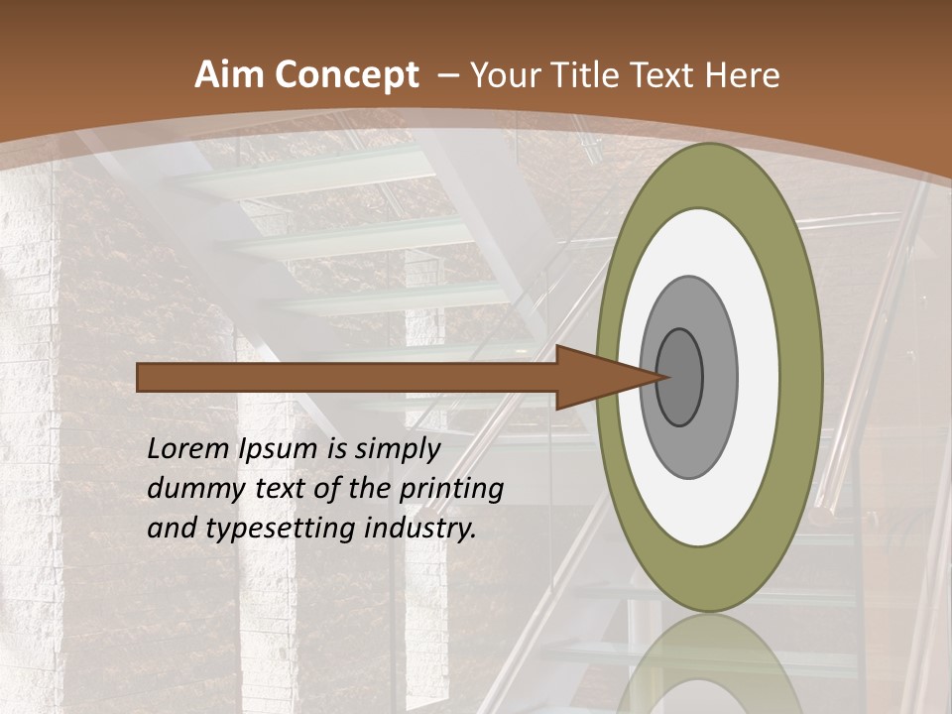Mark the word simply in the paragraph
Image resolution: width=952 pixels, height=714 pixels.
click(397, 449)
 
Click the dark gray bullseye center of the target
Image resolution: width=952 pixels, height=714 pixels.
click(680, 378)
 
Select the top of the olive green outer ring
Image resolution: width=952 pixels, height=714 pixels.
click(709, 174)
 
